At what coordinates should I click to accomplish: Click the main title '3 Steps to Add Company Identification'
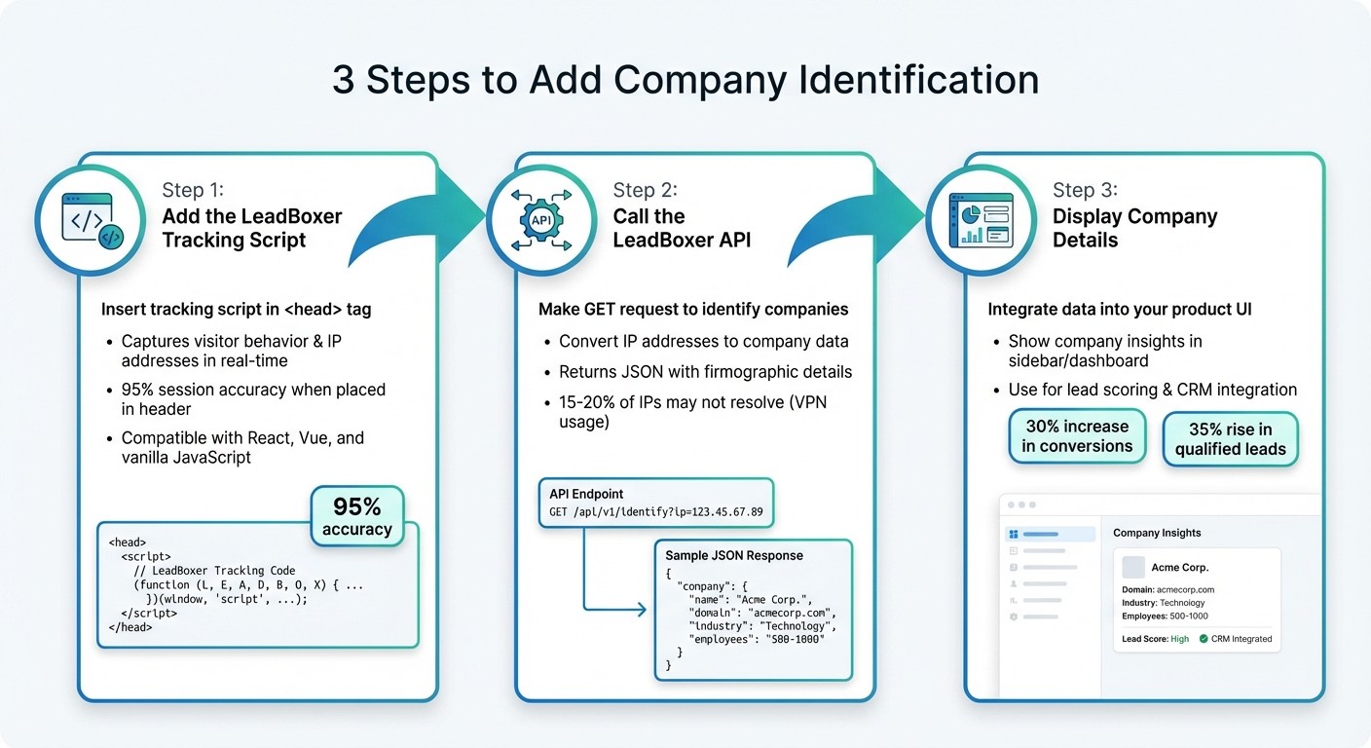coord(685,80)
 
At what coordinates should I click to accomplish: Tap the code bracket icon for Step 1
coord(93,221)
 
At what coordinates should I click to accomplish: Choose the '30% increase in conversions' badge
coord(1076,436)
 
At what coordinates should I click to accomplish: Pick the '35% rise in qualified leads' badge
coord(1230,439)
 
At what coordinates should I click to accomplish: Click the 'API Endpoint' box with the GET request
coord(655,503)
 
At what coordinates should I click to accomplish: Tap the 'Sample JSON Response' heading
coord(734,555)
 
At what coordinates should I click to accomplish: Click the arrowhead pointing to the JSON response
coord(640,610)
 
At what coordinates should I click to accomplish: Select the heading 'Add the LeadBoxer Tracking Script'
coord(251,228)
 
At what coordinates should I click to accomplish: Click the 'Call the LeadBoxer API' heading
coord(682,228)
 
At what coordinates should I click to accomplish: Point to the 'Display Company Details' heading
coord(1134,228)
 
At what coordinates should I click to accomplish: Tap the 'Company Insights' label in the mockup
coord(1157,533)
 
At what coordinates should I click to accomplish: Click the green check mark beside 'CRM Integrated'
coord(1204,639)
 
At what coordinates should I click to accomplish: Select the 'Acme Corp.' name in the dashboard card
coord(1179,567)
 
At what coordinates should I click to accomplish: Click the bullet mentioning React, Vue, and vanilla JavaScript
coord(242,447)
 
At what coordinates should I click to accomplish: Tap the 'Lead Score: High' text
coord(1155,639)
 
